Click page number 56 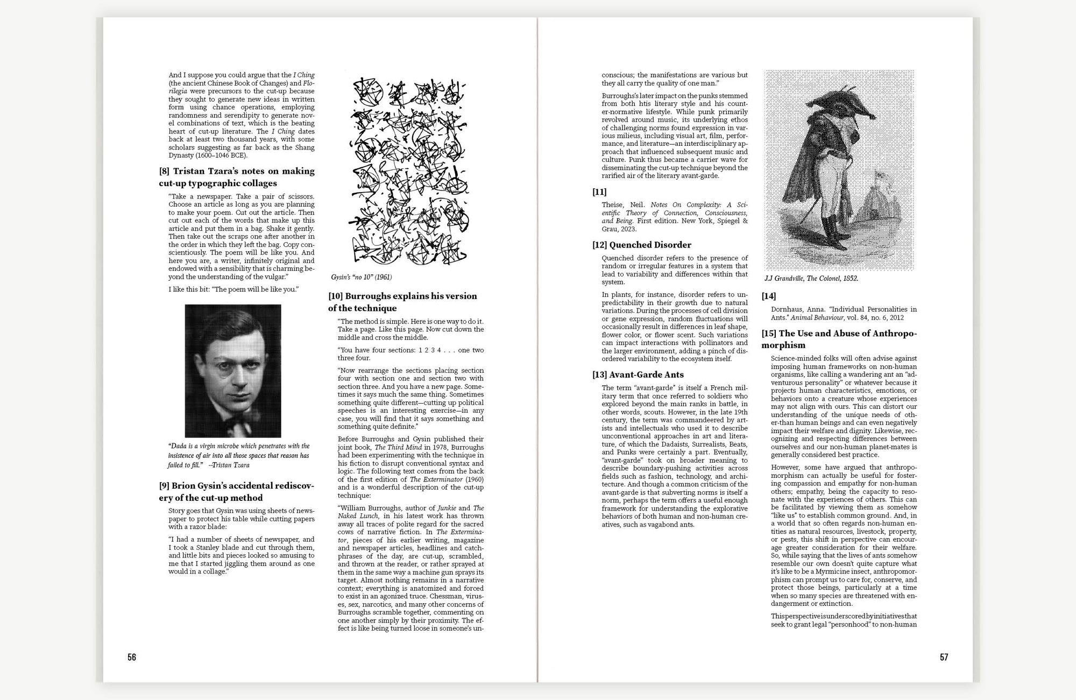[x=132, y=657]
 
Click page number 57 [x=944, y=657]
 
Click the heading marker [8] [x=164, y=171]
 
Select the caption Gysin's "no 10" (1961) [x=361, y=277]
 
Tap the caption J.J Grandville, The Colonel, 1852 [x=811, y=278]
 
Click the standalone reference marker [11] [x=599, y=192]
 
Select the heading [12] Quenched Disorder [x=642, y=245]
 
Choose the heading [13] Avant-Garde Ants [x=638, y=374]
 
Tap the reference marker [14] [x=769, y=296]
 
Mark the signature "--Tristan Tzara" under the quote [x=229, y=465]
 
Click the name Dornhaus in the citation [x=787, y=309]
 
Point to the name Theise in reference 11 [x=612, y=205]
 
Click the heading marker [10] [x=335, y=296]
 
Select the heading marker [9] [x=164, y=486]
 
